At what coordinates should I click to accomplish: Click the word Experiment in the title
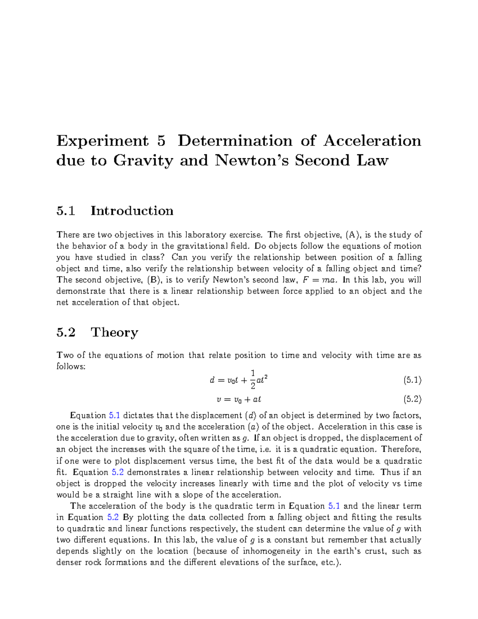[102, 141]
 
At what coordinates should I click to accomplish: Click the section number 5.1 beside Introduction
[66, 211]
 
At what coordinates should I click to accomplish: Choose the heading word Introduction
[132, 211]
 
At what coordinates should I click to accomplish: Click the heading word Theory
[115, 332]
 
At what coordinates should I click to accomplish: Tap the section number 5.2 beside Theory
[66, 332]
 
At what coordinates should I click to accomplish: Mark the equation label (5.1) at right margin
[412, 380]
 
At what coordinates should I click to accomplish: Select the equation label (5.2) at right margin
[412, 399]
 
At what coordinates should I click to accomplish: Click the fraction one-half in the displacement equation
[253, 379]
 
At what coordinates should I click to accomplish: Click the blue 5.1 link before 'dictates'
[114, 416]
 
